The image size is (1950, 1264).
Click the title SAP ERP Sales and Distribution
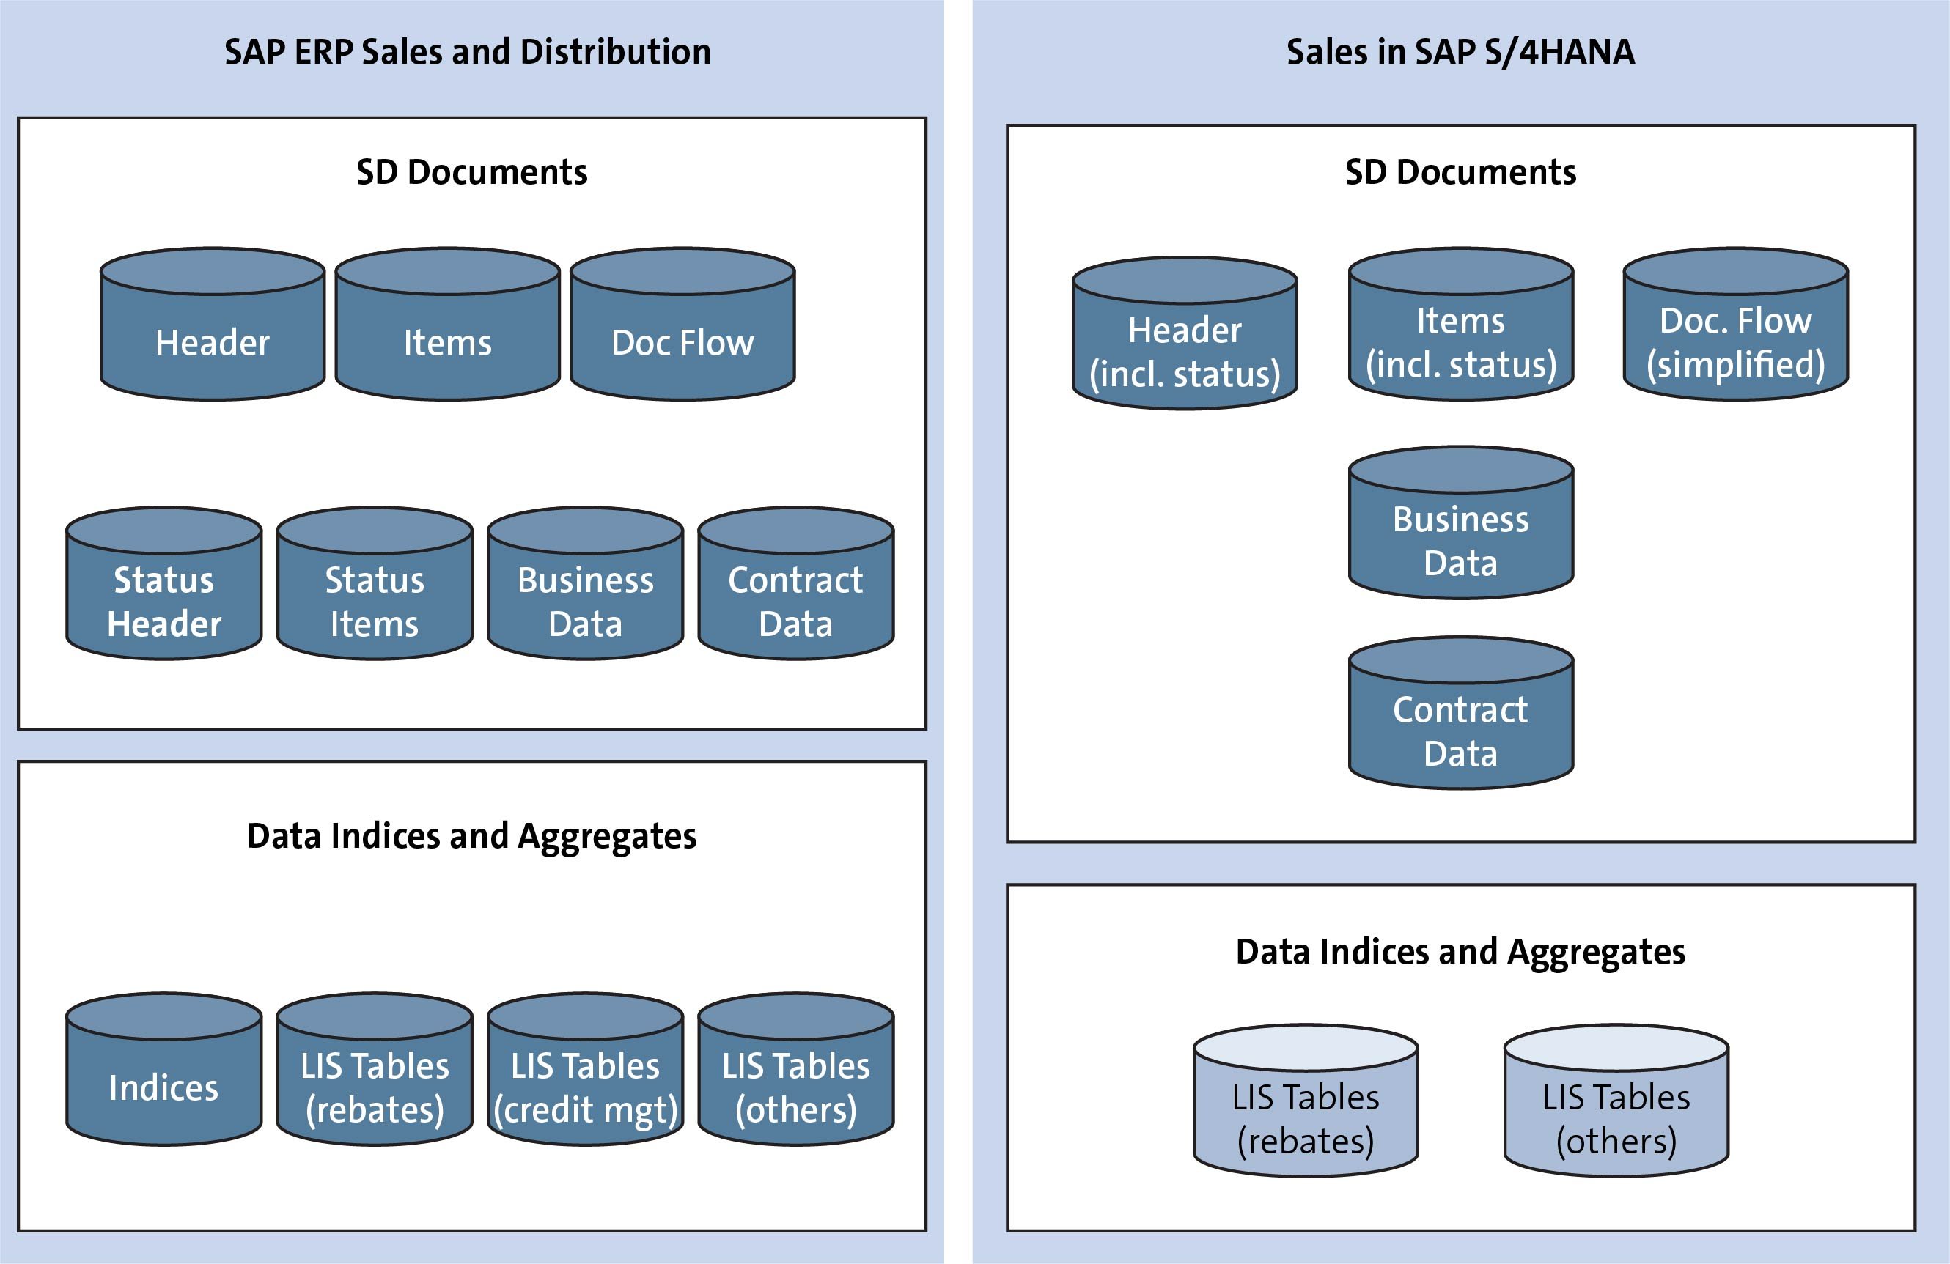(x=467, y=51)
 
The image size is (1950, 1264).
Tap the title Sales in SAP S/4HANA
(x=1460, y=51)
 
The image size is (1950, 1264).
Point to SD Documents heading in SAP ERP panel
(x=472, y=172)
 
